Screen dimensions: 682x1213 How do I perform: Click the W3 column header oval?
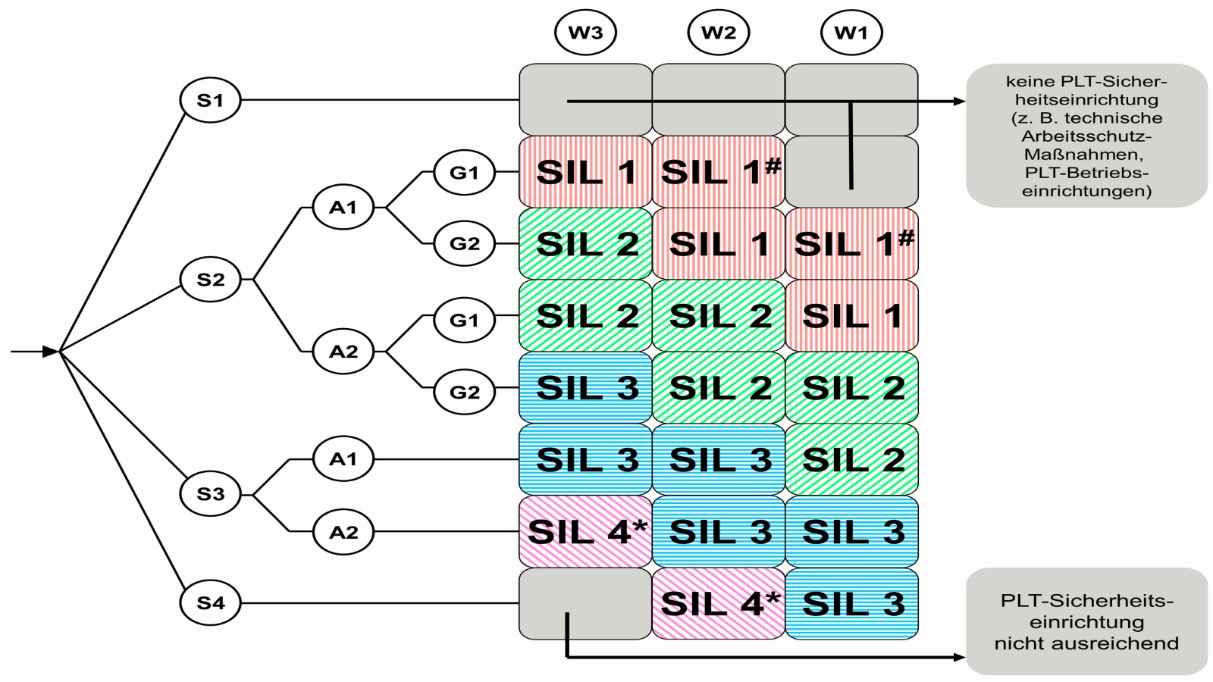click(x=585, y=33)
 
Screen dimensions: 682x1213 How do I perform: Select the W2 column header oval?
click(x=718, y=33)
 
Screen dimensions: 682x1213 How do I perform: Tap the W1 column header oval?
click(x=851, y=33)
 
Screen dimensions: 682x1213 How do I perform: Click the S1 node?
click(x=210, y=100)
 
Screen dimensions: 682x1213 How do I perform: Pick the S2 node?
click(x=210, y=280)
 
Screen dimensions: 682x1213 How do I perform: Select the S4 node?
click(x=210, y=603)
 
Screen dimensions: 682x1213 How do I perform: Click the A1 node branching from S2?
click(x=343, y=207)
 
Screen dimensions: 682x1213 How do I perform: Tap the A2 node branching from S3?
click(x=343, y=532)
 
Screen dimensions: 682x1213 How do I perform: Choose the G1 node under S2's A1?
click(x=464, y=173)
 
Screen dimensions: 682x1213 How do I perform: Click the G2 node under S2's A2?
click(x=464, y=392)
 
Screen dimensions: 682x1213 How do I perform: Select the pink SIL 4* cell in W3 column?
click(x=585, y=532)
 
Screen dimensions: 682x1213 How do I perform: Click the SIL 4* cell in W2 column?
click(x=718, y=604)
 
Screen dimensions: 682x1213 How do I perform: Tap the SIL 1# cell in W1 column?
click(x=851, y=244)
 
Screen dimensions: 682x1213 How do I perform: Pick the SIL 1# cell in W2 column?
click(x=718, y=172)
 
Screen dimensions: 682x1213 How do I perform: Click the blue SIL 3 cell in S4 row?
click(x=851, y=604)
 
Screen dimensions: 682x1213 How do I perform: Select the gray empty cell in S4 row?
click(x=585, y=604)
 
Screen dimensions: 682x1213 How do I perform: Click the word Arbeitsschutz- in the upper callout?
click(x=1086, y=136)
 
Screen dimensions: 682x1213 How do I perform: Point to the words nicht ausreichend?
click(x=1086, y=643)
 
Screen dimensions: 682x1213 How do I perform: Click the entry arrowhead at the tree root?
click(x=52, y=352)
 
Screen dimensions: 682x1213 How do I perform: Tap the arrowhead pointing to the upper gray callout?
click(x=959, y=101)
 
